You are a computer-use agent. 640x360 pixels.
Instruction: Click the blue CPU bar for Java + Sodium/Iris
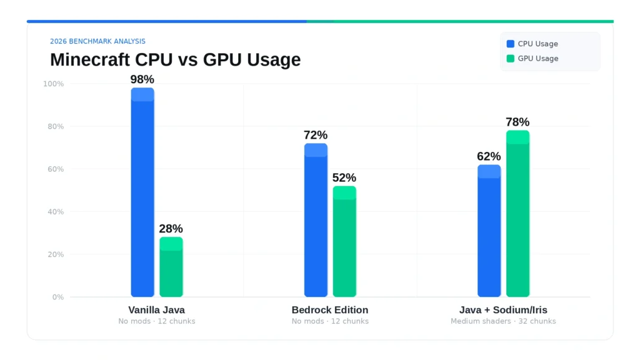pyautogui.click(x=489, y=231)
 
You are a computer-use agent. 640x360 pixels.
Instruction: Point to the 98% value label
pyautogui.click(x=142, y=79)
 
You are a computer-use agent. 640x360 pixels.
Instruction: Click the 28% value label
pyautogui.click(x=171, y=229)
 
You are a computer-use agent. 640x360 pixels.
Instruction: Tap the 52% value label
pyautogui.click(x=344, y=177)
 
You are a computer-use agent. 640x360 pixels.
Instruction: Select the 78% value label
pyautogui.click(x=517, y=122)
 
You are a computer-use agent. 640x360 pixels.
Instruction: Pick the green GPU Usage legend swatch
pyautogui.click(x=511, y=59)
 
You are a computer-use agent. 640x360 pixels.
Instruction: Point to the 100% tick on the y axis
pyautogui.click(x=53, y=84)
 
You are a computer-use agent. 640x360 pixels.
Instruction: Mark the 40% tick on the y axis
pyautogui.click(x=54, y=212)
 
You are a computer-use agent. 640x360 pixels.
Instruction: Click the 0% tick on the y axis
pyautogui.click(x=57, y=297)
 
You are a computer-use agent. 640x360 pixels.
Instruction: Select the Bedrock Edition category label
pyautogui.click(x=330, y=310)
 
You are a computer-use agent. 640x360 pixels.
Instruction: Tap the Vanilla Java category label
pyautogui.click(x=157, y=310)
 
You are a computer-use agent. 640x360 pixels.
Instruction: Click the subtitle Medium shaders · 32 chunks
pyautogui.click(x=503, y=321)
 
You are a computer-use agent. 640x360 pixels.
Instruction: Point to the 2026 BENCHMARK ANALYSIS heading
pyautogui.click(x=97, y=41)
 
